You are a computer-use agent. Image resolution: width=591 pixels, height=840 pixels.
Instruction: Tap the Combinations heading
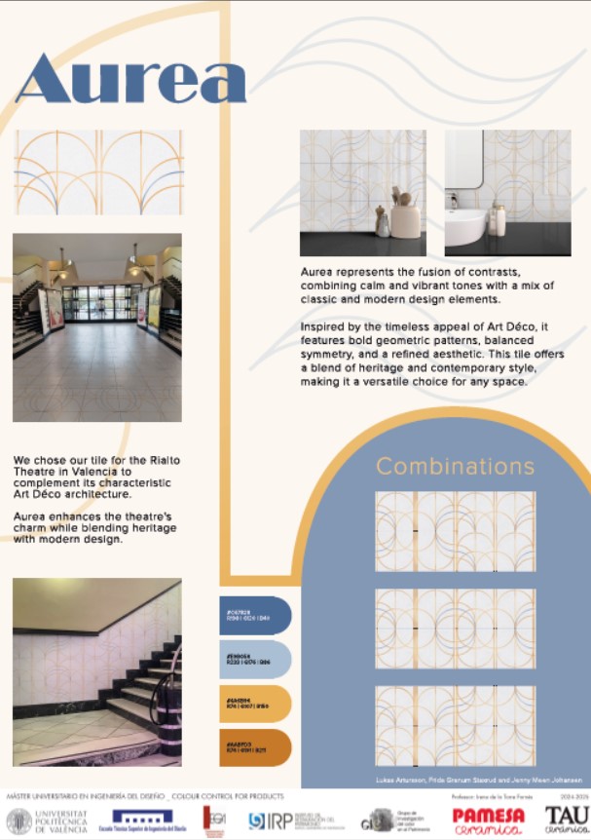pos(455,466)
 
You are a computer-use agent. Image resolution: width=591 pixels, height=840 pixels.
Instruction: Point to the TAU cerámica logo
pos(567,820)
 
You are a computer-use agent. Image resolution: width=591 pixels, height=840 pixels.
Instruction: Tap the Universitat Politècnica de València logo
pos(47,821)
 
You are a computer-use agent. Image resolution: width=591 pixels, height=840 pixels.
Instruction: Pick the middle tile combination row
pos(455,629)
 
